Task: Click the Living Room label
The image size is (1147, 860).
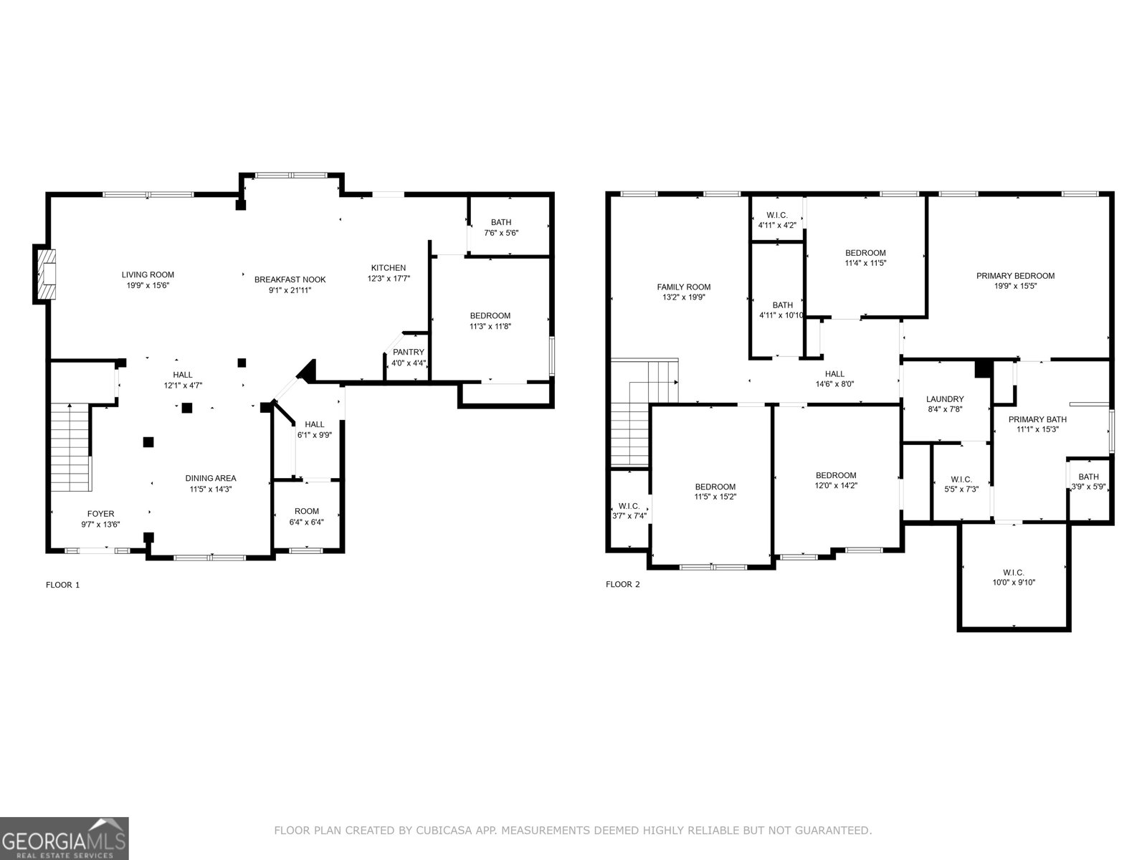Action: coord(148,274)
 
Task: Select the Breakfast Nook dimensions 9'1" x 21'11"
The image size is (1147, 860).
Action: coord(290,290)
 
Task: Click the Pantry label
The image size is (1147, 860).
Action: coord(408,352)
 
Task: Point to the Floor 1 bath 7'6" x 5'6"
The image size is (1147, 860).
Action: coord(501,227)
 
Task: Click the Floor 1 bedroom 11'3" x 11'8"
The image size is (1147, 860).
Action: coord(490,320)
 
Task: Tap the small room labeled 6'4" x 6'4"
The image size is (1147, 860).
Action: coord(306,516)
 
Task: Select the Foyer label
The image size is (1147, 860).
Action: coord(100,513)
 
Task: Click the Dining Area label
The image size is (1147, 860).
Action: coord(210,478)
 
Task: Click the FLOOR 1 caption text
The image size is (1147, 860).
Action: coord(63,585)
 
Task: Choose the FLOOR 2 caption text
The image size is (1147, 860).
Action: coord(623,584)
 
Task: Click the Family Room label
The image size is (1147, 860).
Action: coord(683,287)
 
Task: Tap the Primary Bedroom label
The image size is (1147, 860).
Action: coord(1015,275)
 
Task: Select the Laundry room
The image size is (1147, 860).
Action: coord(945,403)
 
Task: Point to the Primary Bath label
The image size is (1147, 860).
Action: coord(1037,419)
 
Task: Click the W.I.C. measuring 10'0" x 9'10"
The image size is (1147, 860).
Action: coord(1013,577)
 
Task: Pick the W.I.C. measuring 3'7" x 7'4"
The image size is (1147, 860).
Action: coord(629,510)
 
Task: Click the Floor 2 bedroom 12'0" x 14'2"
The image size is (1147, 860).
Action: coord(836,479)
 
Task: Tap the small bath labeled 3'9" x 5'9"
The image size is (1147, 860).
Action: coord(1088,482)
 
